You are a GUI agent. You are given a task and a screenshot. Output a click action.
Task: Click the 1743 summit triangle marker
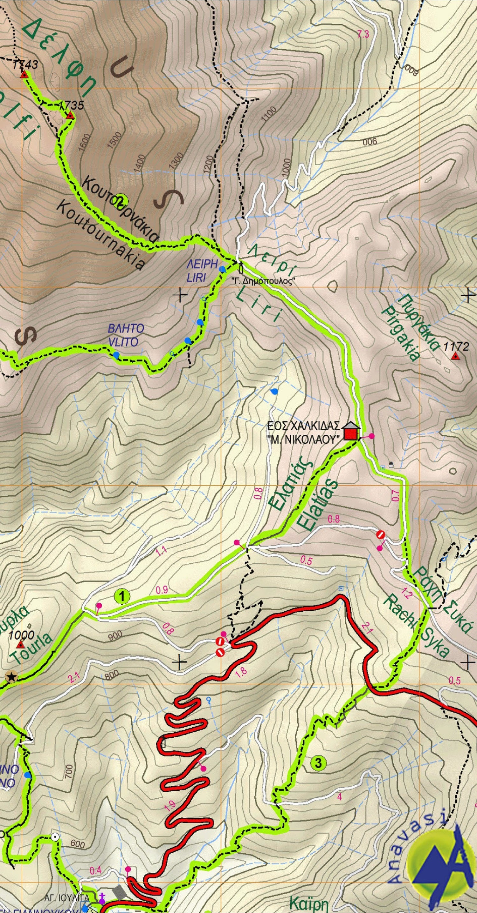[24, 75]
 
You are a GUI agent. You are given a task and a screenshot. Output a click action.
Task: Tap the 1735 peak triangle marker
[70, 116]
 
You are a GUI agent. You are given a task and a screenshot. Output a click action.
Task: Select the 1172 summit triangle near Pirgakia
[455, 357]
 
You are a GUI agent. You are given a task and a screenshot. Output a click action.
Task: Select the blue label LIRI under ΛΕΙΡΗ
[196, 278]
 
